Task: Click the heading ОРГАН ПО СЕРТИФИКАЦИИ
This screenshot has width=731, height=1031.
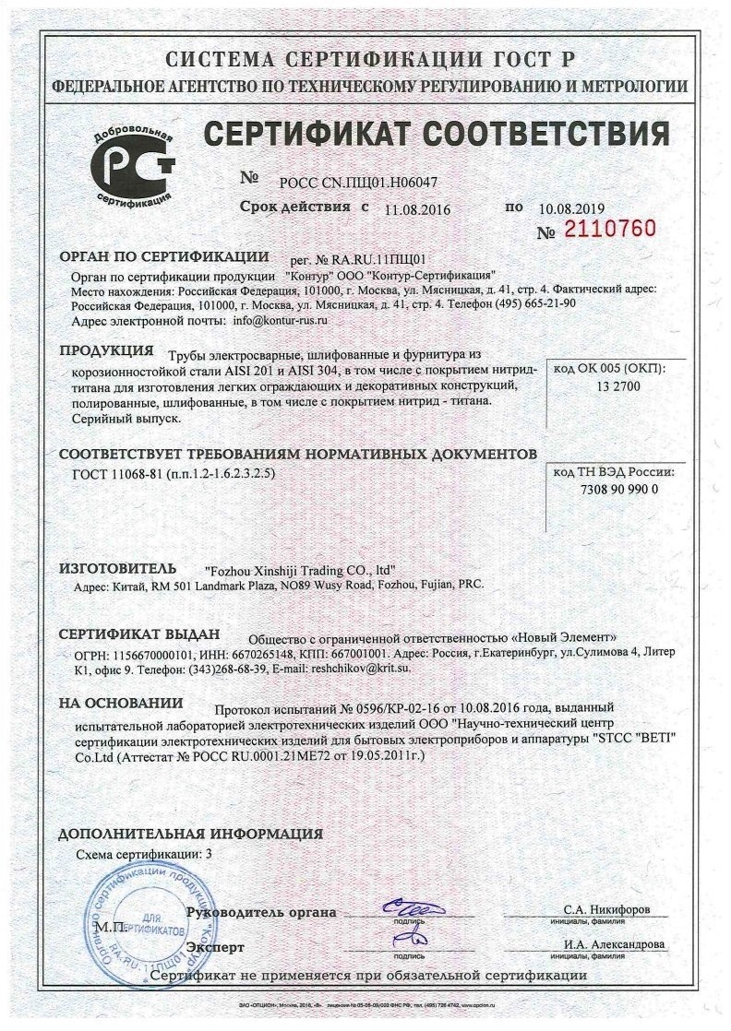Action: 163,256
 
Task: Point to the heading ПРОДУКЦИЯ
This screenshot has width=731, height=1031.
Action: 105,350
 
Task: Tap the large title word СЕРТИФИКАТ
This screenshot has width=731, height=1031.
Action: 327,136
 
